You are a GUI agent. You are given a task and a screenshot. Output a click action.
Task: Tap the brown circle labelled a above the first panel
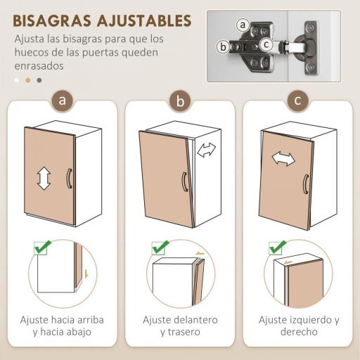(x=63, y=100)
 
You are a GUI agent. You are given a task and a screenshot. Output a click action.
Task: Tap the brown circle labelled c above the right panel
(x=297, y=100)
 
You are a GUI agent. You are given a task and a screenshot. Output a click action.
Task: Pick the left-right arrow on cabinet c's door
(x=283, y=158)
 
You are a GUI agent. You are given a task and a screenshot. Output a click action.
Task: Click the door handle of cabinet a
(x=69, y=178)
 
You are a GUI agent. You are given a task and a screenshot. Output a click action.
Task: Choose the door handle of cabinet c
(x=305, y=184)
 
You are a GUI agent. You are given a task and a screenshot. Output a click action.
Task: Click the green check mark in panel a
(x=42, y=247)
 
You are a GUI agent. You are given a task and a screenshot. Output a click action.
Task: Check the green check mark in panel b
(x=160, y=247)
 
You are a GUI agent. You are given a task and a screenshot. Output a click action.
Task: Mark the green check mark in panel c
(x=278, y=247)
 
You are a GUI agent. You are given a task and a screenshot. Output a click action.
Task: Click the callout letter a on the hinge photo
(x=243, y=25)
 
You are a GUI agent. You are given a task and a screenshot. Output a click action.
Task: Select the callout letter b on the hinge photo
(x=224, y=47)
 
